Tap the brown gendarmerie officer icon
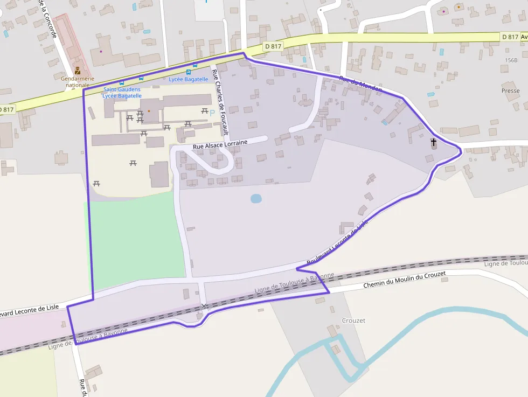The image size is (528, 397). tap(78, 71)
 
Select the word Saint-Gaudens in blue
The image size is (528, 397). tap(122, 89)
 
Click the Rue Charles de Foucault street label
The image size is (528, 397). tap(221, 102)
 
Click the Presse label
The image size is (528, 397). tap(510, 90)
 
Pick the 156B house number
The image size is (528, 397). tap(511, 60)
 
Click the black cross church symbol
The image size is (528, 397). tap(433, 142)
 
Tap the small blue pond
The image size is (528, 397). tap(256, 199)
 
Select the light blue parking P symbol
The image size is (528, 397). tap(212, 112)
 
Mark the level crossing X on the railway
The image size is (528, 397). tap(204, 307)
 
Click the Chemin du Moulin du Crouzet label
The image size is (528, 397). tap(405, 280)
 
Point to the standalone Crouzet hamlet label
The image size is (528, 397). tap(353, 321)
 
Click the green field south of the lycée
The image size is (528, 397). tap(138, 242)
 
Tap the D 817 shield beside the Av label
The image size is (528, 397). tap(509, 37)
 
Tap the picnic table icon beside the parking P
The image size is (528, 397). tap(205, 111)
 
